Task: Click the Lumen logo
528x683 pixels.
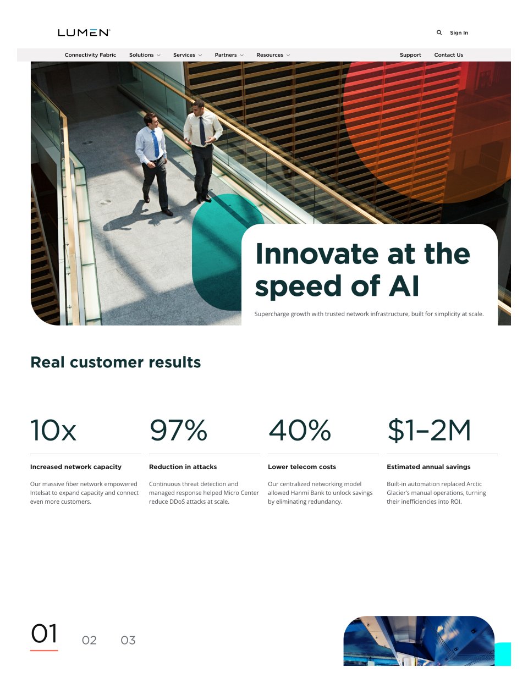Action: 84,32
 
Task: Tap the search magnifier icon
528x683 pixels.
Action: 439,32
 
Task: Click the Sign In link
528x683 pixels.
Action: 459,32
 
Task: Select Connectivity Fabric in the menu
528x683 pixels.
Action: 90,55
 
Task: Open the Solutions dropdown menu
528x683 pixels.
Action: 145,55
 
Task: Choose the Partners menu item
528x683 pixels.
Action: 229,55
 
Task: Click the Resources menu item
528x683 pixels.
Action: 273,55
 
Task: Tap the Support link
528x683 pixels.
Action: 410,55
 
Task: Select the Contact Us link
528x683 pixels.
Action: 448,55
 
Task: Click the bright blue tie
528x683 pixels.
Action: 155,144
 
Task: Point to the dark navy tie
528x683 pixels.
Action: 202,131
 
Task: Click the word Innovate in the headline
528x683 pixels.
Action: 317,254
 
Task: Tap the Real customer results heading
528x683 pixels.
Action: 116,362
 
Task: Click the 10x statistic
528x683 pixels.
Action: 53,430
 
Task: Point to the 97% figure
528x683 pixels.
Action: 178,430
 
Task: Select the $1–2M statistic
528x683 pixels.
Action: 429,430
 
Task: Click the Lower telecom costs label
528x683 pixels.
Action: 302,467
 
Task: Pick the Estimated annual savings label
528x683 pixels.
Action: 428,467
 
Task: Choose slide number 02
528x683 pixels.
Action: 89,640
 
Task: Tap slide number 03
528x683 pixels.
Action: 128,640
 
